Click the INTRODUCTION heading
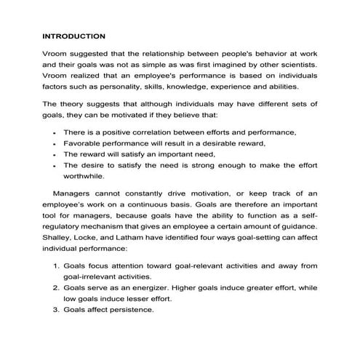point(73,36)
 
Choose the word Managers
point(76,194)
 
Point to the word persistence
point(132,309)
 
